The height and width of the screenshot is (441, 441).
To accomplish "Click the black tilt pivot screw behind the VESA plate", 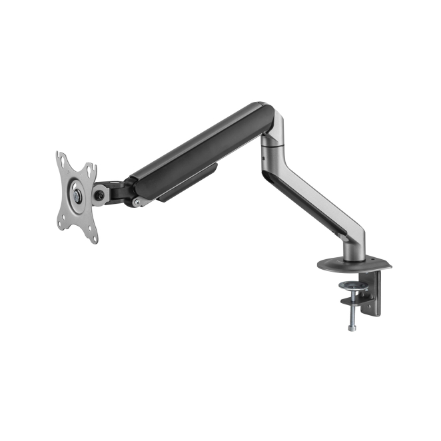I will point(101,195).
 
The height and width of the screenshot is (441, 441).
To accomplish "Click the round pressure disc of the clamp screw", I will point(351,286).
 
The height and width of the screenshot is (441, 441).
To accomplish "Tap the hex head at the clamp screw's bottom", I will point(350,328).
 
